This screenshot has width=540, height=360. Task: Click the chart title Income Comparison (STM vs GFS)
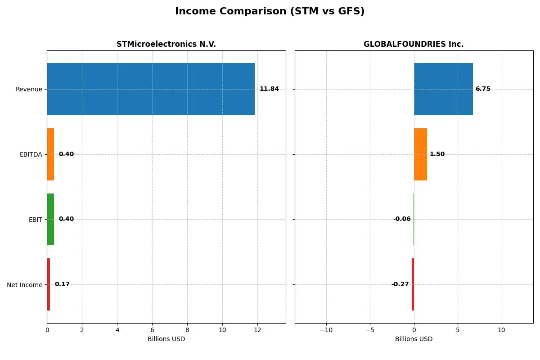pos(270,11)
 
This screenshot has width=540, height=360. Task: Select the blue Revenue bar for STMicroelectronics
pos(151,89)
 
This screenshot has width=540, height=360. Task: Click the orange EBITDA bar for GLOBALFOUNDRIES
pos(420,154)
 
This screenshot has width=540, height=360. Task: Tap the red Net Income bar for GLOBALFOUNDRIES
pos(413,284)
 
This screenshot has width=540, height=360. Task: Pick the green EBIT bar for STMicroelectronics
pos(50,220)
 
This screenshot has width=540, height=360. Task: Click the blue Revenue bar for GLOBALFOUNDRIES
pos(443,89)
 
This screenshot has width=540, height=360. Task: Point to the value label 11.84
pos(269,89)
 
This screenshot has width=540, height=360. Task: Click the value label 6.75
pos(483,89)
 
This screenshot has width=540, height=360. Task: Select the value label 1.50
pos(437,154)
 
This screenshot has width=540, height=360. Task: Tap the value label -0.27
pos(400,284)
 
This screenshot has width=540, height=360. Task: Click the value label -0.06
pos(402,219)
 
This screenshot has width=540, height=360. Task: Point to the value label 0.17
pos(62,284)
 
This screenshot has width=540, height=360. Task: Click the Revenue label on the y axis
pos(29,89)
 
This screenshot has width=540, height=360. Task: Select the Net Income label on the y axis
pos(25,285)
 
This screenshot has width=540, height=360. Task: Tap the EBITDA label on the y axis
pos(31,154)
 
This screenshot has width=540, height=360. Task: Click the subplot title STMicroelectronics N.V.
pos(166,44)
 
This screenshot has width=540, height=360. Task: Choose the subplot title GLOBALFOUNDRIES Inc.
pos(414,44)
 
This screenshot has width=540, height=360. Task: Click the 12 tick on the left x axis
pos(257,330)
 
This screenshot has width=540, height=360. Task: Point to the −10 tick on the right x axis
pos(326,330)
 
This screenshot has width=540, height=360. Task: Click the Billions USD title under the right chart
pos(414,339)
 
